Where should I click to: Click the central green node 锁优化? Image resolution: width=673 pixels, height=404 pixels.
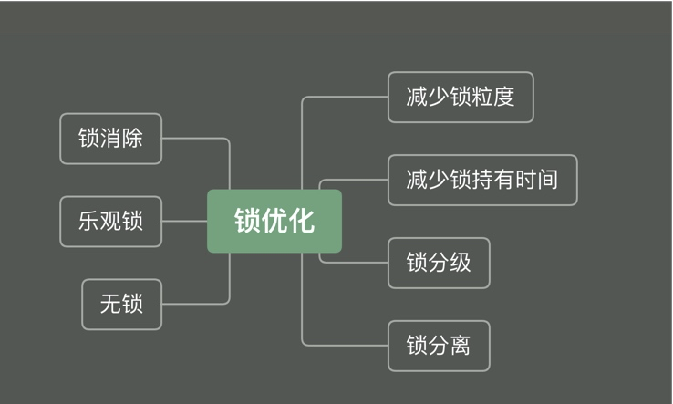coord(274,221)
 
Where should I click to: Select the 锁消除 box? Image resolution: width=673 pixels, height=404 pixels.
coord(111,139)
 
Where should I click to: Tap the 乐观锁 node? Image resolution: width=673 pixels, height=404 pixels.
coord(111,221)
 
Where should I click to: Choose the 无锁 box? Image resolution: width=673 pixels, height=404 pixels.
coord(122,304)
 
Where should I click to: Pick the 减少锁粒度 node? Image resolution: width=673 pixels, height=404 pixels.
coord(461,97)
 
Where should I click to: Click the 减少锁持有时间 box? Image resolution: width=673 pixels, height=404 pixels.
coord(482,180)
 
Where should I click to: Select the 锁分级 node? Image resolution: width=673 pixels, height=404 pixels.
coord(439,263)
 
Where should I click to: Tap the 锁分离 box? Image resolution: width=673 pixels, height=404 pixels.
coord(439,346)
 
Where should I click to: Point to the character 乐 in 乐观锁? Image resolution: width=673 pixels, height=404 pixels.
coord(88,221)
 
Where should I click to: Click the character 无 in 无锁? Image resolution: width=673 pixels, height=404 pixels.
coord(110,304)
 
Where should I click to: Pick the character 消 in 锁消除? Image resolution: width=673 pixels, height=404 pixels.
coord(110,139)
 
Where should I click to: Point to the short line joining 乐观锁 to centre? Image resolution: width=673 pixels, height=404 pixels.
coord(184,221)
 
